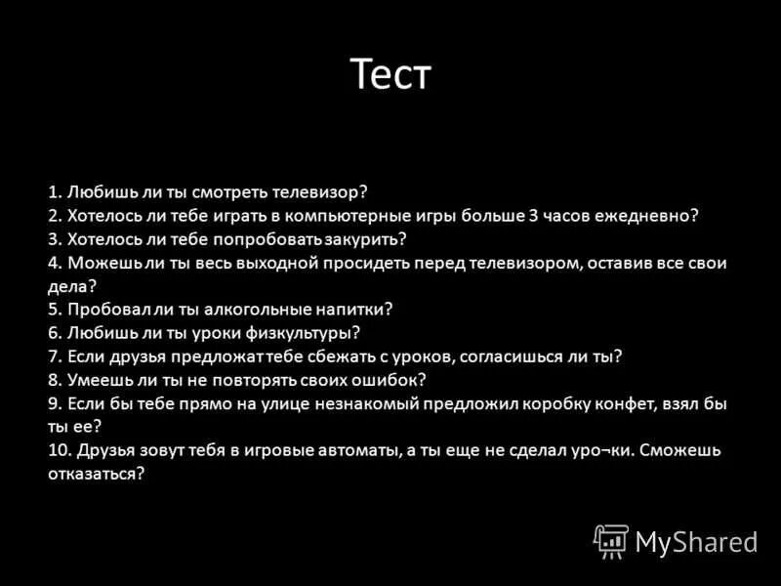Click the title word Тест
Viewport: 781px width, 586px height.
coord(390,75)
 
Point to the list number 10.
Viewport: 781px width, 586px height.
coord(58,450)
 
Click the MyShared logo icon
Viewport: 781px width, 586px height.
coord(611,540)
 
